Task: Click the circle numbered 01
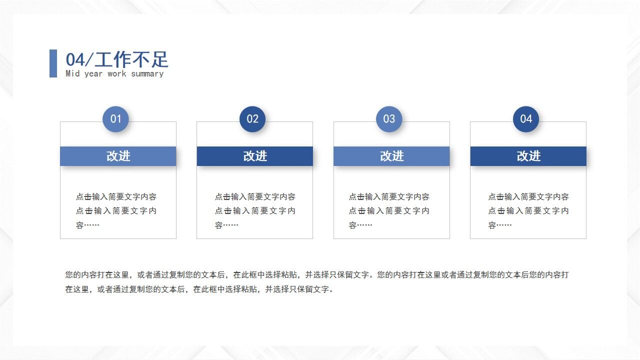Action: point(115,119)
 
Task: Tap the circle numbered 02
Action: point(252,119)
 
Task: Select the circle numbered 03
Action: point(389,119)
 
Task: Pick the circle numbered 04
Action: point(526,119)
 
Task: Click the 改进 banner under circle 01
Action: point(118,156)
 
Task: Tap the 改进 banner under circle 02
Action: point(255,156)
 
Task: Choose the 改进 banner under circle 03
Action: point(391,156)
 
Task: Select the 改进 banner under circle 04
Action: point(528,156)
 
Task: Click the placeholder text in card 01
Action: point(116,211)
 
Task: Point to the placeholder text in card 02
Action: point(255,211)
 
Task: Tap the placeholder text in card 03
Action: point(389,211)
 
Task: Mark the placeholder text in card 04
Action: point(528,211)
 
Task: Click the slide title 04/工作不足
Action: point(117,60)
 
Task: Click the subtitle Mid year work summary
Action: point(114,74)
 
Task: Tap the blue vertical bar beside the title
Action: point(53,63)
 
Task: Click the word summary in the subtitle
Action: point(147,74)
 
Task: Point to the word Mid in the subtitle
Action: point(72,74)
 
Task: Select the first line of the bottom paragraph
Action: point(316,275)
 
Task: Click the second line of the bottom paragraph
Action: point(199,289)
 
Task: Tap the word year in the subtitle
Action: point(93,74)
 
